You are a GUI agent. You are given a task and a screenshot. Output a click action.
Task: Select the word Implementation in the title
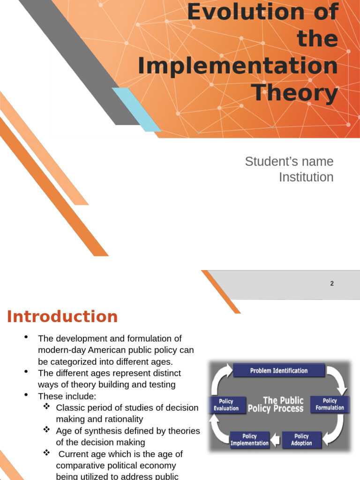(x=238, y=66)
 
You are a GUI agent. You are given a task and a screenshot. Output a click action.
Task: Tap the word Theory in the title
(x=296, y=92)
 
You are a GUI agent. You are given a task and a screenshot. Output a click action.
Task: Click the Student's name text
(x=289, y=162)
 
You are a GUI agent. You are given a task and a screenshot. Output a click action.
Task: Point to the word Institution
(x=306, y=177)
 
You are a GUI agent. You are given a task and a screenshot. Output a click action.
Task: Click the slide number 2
(x=332, y=284)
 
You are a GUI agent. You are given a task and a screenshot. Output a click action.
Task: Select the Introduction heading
(x=62, y=317)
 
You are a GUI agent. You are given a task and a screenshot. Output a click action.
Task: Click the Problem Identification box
(x=278, y=371)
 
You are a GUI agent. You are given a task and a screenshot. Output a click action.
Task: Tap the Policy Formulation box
(x=330, y=404)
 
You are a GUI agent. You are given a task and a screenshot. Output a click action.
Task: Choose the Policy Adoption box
(x=301, y=440)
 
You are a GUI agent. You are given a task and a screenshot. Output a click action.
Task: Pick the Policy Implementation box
(x=249, y=440)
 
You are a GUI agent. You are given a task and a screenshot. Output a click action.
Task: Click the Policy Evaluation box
(x=226, y=404)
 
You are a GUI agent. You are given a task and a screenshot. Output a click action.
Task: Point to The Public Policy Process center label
(x=277, y=404)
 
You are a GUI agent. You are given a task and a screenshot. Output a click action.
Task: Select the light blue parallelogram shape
(x=136, y=109)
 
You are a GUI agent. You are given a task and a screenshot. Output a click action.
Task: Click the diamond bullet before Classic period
(x=46, y=406)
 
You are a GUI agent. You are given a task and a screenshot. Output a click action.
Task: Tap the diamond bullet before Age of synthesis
(x=46, y=429)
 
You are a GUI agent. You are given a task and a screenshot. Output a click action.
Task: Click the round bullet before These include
(x=27, y=396)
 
